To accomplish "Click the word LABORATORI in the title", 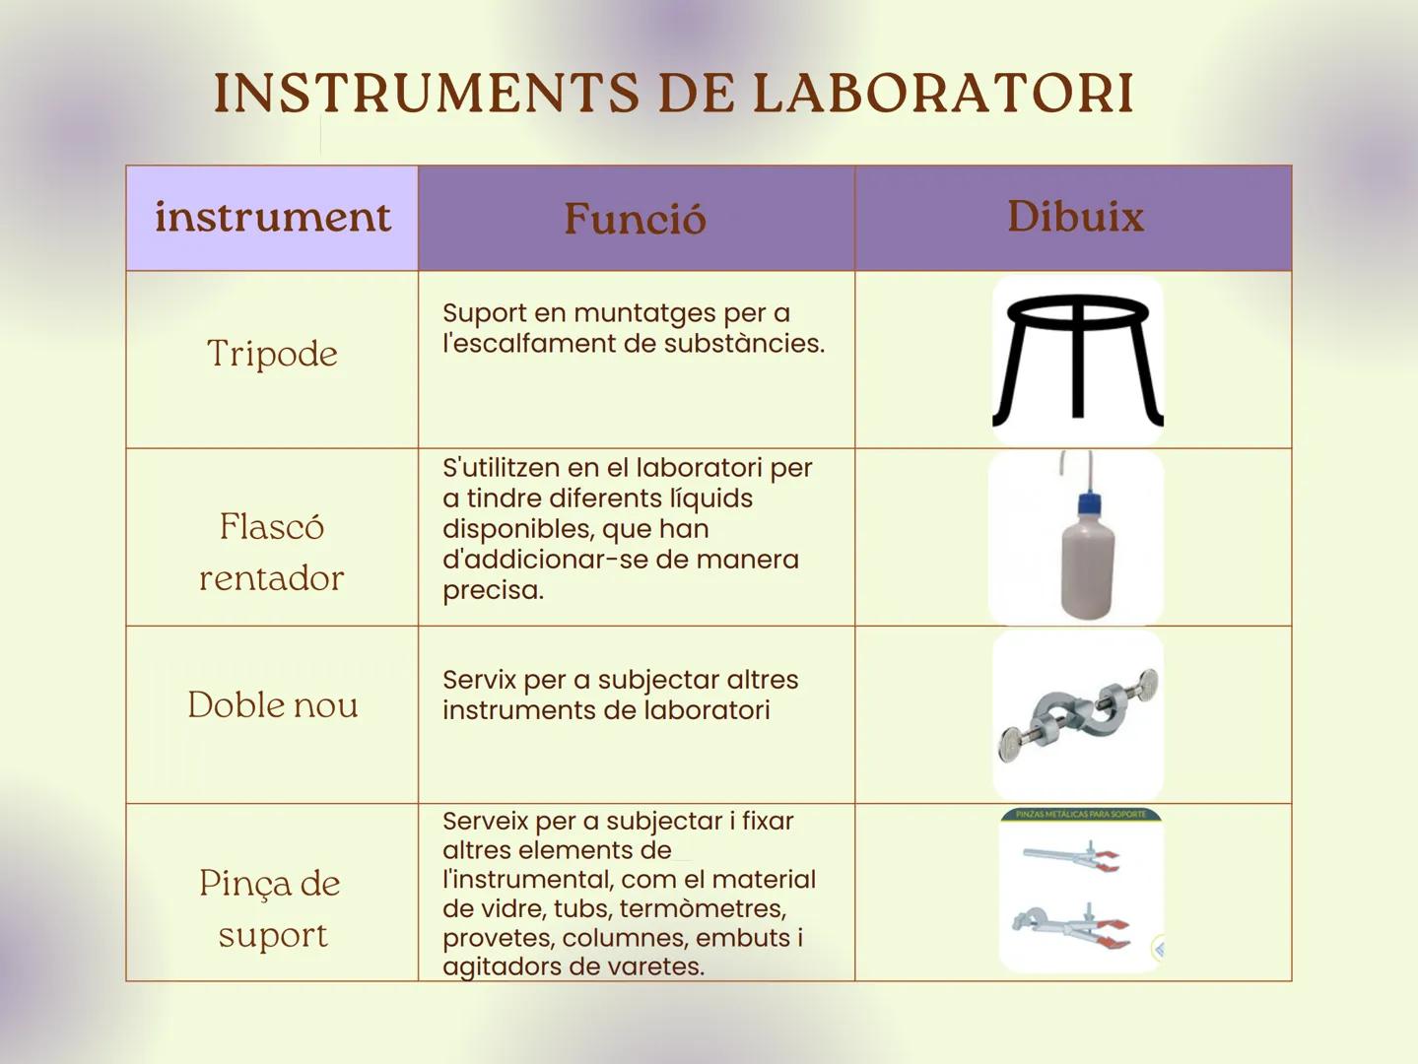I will click(x=943, y=94).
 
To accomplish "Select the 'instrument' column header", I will click(x=272, y=217).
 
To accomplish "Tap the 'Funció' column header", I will click(x=635, y=219).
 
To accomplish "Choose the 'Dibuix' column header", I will click(x=1075, y=217).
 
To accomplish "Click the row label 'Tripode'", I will click(x=272, y=354).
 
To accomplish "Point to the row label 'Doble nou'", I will click(x=272, y=705).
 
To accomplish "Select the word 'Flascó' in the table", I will click(x=272, y=527).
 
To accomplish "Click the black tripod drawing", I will click(x=1078, y=360).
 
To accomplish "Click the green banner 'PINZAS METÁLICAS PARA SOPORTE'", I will click(x=1081, y=815).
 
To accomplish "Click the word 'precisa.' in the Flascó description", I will click(x=493, y=591).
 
